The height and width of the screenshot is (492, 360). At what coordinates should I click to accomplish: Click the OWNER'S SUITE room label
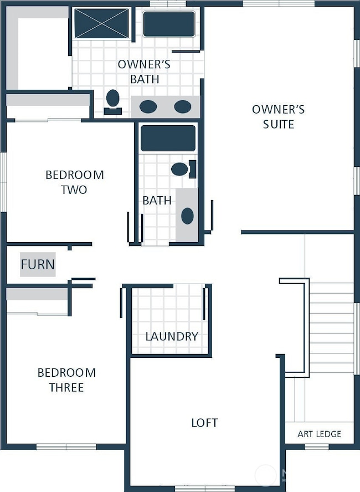pyautogui.click(x=278, y=117)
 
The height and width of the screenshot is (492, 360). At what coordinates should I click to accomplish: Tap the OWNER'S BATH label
pyautogui.click(x=144, y=72)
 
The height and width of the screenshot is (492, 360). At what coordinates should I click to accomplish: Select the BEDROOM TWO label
pyautogui.click(x=74, y=182)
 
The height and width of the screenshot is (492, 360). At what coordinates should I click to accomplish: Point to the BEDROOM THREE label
pyautogui.click(x=66, y=380)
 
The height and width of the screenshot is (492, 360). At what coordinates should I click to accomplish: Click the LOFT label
pyautogui.click(x=204, y=423)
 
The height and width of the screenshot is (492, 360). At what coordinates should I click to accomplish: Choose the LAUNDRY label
pyautogui.click(x=172, y=336)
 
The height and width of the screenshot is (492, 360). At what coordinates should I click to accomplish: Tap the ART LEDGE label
pyautogui.click(x=320, y=434)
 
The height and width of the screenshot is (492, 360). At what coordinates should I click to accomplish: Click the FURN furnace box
pyautogui.click(x=38, y=265)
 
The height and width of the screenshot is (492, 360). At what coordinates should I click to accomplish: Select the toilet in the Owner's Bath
pyautogui.click(x=113, y=100)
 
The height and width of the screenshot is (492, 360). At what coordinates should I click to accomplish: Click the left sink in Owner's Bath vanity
pyautogui.click(x=148, y=106)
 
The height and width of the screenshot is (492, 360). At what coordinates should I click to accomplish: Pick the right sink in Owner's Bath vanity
pyautogui.click(x=182, y=106)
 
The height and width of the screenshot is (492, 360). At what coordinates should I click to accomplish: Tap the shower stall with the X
pyautogui.click(x=102, y=23)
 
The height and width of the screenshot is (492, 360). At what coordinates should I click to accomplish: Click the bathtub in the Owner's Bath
pyautogui.click(x=168, y=24)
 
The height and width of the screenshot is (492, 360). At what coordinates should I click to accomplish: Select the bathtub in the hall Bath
pyautogui.click(x=168, y=138)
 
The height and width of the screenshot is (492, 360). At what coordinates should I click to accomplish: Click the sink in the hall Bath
pyautogui.click(x=187, y=216)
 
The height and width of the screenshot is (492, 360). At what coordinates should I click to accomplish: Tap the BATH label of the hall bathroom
pyautogui.click(x=157, y=201)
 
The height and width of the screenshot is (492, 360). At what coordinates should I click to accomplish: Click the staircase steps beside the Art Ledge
pyautogui.click(x=331, y=327)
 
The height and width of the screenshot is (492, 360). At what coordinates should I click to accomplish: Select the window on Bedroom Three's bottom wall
pyautogui.click(x=66, y=446)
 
